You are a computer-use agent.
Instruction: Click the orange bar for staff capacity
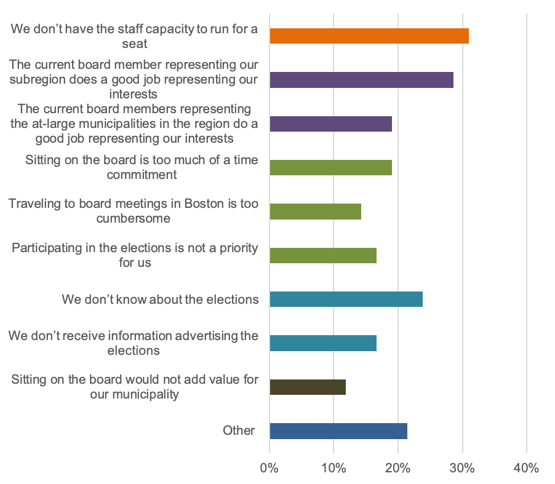369,36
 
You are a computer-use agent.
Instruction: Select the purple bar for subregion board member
361,80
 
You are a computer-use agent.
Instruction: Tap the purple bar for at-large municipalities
330,124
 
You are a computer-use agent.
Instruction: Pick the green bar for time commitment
330,167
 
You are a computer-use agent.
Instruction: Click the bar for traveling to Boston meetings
315,212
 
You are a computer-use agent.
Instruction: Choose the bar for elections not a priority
323,255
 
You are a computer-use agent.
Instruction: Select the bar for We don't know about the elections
346,300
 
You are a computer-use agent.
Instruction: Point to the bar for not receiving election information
323,343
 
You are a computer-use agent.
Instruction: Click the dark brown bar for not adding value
308,387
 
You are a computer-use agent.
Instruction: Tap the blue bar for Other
338,430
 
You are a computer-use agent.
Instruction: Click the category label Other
239,430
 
